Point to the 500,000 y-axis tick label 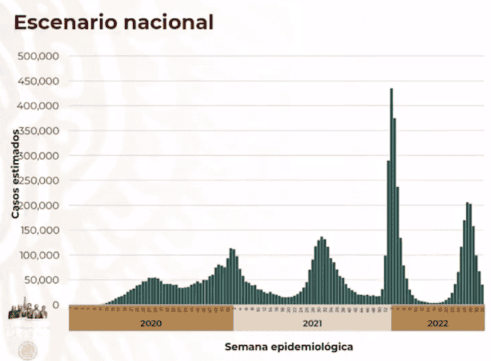tap(39, 56)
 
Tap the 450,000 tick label tap(39, 81)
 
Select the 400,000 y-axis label tap(39, 106)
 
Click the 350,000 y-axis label tap(39, 131)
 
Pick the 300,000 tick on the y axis tap(39, 155)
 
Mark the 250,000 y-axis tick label tap(39, 180)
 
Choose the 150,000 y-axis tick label tap(39, 230)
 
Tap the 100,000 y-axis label tap(39, 255)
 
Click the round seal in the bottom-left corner tap(26, 351)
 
